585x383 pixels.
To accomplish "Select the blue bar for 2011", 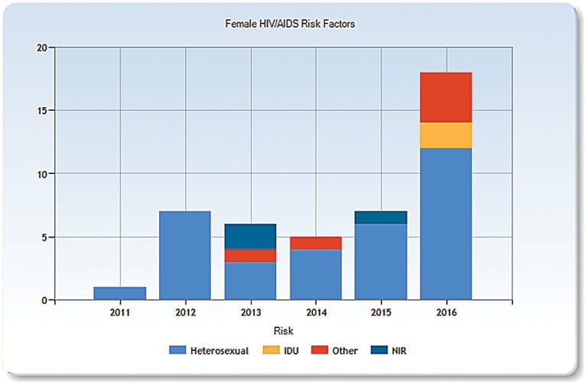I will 120,293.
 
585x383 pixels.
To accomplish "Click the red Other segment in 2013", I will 251,255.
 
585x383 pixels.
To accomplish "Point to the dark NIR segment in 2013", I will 251,236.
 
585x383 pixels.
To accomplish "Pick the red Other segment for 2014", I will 316,243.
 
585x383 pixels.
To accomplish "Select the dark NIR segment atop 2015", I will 381,217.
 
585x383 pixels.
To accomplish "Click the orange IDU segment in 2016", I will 446,135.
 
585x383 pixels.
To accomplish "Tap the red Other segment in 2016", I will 446,97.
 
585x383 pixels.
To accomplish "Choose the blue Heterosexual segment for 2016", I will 446,223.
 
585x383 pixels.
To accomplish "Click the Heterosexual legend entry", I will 208,350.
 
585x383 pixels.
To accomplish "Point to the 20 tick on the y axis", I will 42,47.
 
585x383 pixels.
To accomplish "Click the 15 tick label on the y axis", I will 42,110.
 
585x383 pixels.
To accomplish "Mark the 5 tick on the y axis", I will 44,237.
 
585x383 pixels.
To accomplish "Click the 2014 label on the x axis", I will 316,313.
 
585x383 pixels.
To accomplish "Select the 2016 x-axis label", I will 446,313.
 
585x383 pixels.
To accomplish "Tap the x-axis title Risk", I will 284,331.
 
